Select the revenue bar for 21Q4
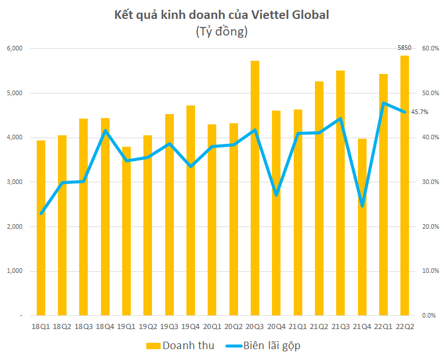click(x=361, y=227)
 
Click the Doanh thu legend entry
click(x=180, y=346)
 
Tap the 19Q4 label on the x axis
click(x=190, y=326)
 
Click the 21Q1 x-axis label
click(x=298, y=326)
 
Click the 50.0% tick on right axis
click(x=430, y=93)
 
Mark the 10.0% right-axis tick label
click(x=430, y=271)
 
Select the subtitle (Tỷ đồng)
click(x=221, y=32)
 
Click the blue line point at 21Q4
click(x=362, y=205)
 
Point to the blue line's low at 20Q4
click(x=276, y=195)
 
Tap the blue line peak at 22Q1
click(x=383, y=103)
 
